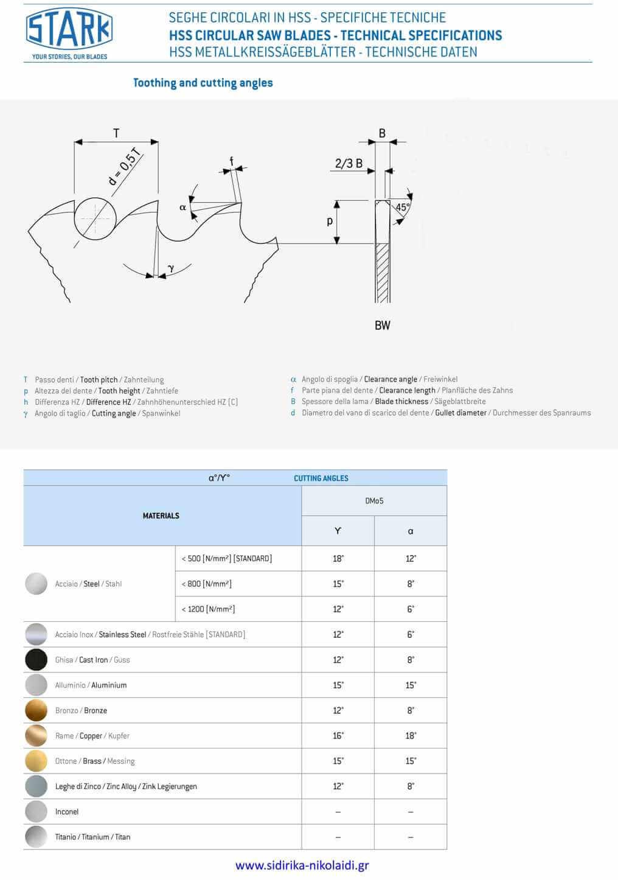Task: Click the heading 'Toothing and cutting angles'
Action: pyautogui.click(x=203, y=83)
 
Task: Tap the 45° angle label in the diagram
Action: pyautogui.click(x=402, y=208)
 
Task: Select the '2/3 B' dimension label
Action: pyautogui.click(x=349, y=163)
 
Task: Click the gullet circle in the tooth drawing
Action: pyautogui.click(x=95, y=218)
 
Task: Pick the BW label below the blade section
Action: pyautogui.click(x=382, y=326)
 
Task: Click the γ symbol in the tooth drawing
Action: pyautogui.click(x=171, y=268)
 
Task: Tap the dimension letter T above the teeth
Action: pyautogui.click(x=116, y=133)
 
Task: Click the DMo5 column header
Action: pyautogui.click(x=374, y=501)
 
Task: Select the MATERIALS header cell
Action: pyautogui.click(x=161, y=515)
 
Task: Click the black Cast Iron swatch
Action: pyautogui.click(x=36, y=660)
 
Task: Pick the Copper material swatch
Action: pyautogui.click(x=36, y=736)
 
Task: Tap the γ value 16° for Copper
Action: pyautogui.click(x=338, y=736)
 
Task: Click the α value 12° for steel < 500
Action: pyautogui.click(x=411, y=559)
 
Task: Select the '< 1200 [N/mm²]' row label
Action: pyautogui.click(x=208, y=609)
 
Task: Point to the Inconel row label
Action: pyautogui.click(x=67, y=812)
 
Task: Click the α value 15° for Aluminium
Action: pyautogui.click(x=411, y=685)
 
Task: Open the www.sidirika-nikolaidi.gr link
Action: pyautogui.click(x=302, y=865)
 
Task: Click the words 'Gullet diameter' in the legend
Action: pyautogui.click(x=460, y=413)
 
